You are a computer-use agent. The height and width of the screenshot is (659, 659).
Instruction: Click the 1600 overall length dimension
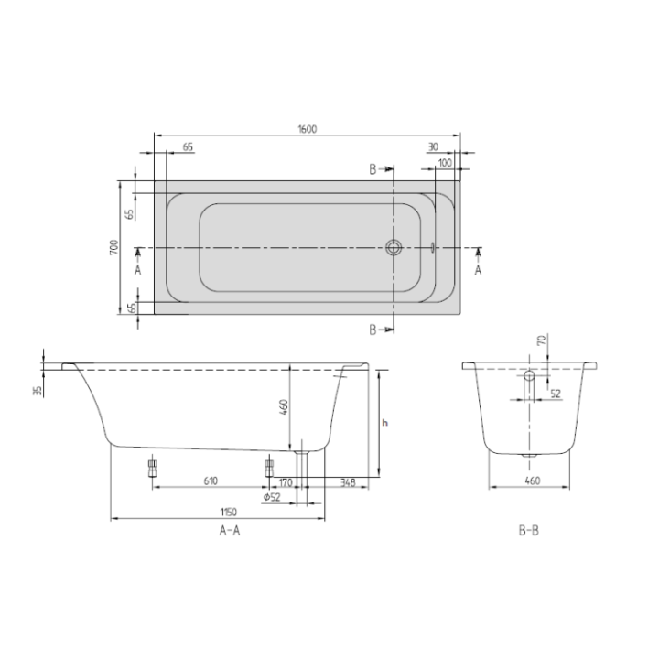tap(306, 129)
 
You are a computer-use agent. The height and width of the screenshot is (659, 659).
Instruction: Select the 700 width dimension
tap(113, 248)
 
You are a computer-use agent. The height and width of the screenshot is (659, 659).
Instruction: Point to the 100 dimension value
tap(445, 162)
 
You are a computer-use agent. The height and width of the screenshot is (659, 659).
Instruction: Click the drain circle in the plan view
tap(394, 248)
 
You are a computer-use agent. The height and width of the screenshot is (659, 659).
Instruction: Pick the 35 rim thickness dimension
tap(38, 391)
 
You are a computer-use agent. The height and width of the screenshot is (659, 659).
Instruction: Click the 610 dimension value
tap(210, 480)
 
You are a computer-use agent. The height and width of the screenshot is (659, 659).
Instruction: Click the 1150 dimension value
tap(216, 513)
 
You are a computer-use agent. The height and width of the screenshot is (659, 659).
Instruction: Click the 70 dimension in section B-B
tap(541, 340)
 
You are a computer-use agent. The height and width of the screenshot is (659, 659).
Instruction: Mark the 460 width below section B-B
tap(532, 479)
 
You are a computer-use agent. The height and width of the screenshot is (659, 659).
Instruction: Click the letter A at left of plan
tap(137, 270)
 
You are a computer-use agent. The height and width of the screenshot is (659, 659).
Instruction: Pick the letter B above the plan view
tap(373, 169)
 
